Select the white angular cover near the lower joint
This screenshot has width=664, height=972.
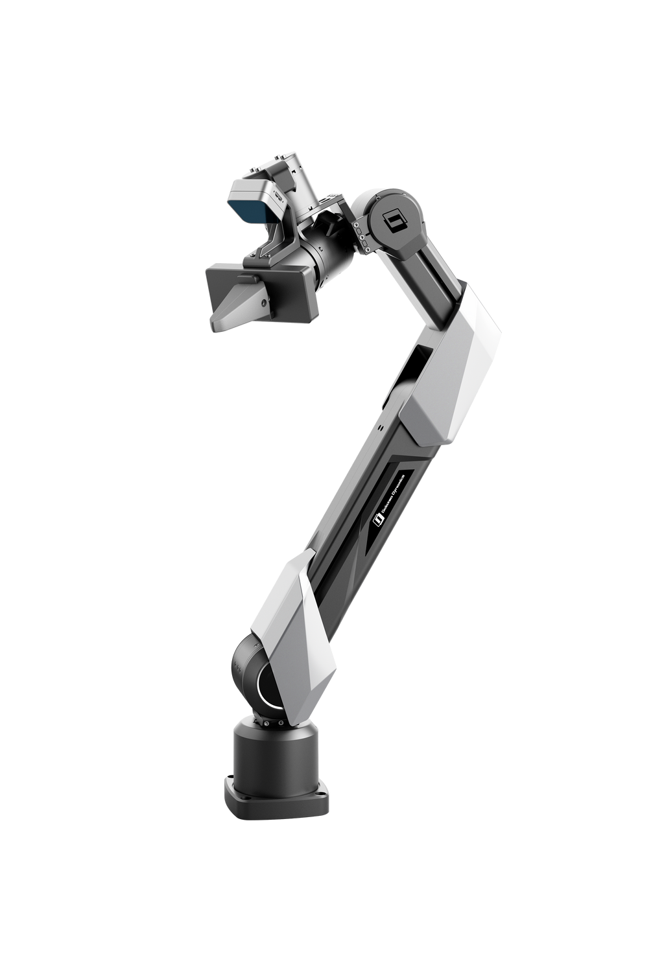point(289,616)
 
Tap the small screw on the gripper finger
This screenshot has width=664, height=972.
point(263,303)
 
